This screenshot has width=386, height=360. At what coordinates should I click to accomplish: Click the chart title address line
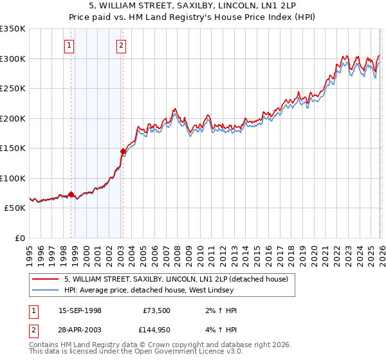pyautogui.click(x=192, y=6)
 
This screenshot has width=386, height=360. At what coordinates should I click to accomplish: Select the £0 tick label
pyautogui.click(x=21, y=238)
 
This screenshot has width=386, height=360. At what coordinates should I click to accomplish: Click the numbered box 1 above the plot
pyautogui.click(x=69, y=45)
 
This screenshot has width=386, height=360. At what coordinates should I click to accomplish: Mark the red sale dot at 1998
pyautogui.click(x=71, y=194)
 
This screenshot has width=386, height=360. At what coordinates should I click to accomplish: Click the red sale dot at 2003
pyautogui.click(x=123, y=152)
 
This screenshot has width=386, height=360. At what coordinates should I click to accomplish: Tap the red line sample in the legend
pyautogui.click(x=46, y=279)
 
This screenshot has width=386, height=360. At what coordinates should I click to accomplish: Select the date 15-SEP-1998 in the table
pyautogui.click(x=80, y=310)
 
